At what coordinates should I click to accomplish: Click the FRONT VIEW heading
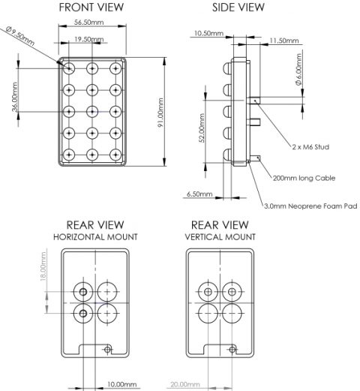(x=91, y=8)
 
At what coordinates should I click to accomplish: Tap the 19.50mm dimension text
(x=90, y=39)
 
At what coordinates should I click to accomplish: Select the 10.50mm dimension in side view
(x=208, y=34)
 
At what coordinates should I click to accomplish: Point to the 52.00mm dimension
(x=202, y=130)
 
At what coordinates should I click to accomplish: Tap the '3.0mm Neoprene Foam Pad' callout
(x=309, y=204)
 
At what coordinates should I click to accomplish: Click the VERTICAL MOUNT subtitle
(x=219, y=236)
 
